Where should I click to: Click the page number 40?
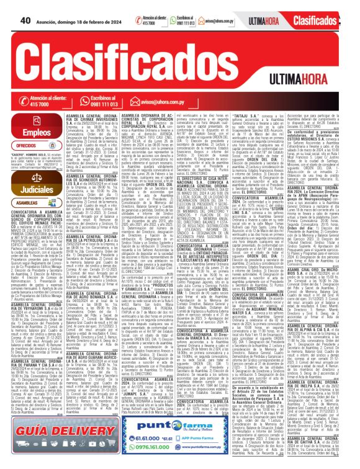point(26,20)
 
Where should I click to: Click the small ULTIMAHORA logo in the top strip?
point(259,20)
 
